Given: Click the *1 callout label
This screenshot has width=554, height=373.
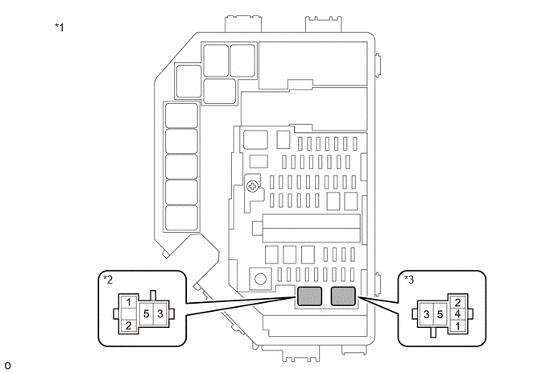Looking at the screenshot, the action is pyautogui.click(x=60, y=27).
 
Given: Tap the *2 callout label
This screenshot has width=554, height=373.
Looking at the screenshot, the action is pyautogui.click(x=108, y=280).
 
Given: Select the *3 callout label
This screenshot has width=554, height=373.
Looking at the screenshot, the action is pyautogui.click(x=409, y=280).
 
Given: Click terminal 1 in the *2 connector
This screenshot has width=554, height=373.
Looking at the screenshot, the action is pyautogui.click(x=128, y=302).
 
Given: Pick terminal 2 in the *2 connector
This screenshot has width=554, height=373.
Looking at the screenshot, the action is pyautogui.click(x=128, y=325).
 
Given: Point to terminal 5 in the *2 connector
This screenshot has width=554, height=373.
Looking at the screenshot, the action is pyautogui.click(x=147, y=313).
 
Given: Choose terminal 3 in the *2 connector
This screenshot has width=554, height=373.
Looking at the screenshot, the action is pyautogui.click(x=159, y=313).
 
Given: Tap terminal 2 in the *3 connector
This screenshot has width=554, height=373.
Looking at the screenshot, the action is pyautogui.click(x=457, y=302).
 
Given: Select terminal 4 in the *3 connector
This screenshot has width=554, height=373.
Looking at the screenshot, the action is pyautogui.click(x=457, y=314).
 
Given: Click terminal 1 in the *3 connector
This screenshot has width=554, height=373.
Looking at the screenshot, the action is pyautogui.click(x=457, y=325).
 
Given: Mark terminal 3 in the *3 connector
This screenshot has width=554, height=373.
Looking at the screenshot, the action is pyautogui.click(x=427, y=314).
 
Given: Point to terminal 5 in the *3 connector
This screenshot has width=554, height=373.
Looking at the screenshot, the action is pyautogui.click(x=440, y=314).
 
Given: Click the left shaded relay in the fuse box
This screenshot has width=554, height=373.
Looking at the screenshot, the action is pyautogui.click(x=309, y=296).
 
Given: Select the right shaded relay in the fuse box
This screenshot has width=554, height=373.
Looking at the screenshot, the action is pyautogui.click(x=343, y=296).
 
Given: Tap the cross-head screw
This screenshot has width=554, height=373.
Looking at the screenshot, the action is pyautogui.click(x=252, y=186).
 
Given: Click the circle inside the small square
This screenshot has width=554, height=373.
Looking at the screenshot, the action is pyautogui.click(x=260, y=280).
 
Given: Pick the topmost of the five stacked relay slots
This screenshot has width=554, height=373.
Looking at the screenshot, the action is pyautogui.click(x=182, y=115).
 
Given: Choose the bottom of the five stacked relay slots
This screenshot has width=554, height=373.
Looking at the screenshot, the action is pyautogui.click(x=182, y=218).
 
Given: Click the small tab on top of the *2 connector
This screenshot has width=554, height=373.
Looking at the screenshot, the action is pyautogui.click(x=153, y=295).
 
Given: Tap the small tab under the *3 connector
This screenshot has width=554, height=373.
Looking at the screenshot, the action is pyautogui.click(x=433, y=333).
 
